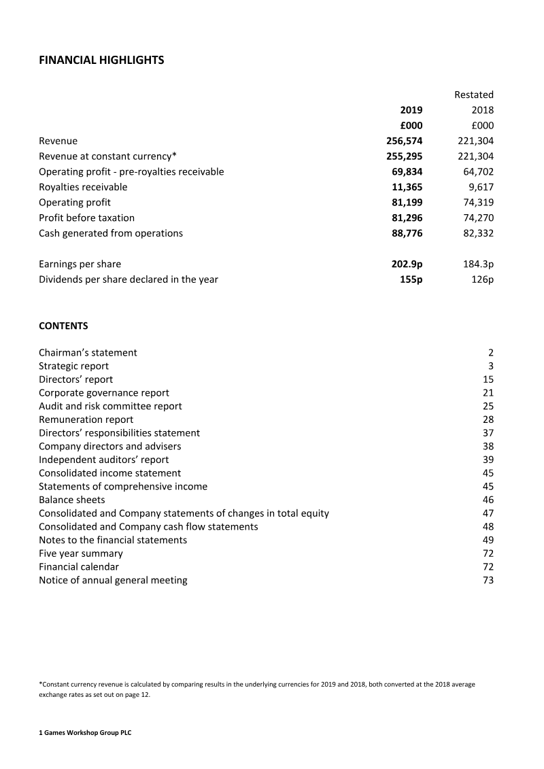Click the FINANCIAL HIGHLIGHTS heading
tap(101, 61)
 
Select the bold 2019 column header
tap(411, 110)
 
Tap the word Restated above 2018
tap(473, 95)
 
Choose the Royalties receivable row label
tap(83, 187)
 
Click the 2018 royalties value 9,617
tap(481, 187)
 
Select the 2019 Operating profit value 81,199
tap(407, 202)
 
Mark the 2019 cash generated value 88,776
tap(407, 233)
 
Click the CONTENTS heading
tap(63, 326)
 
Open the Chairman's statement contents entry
tap(88, 352)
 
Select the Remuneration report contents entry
tap(86, 420)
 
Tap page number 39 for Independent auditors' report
tap(488, 460)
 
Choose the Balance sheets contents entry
tap(72, 500)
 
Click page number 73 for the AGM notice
tap(488, 580)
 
